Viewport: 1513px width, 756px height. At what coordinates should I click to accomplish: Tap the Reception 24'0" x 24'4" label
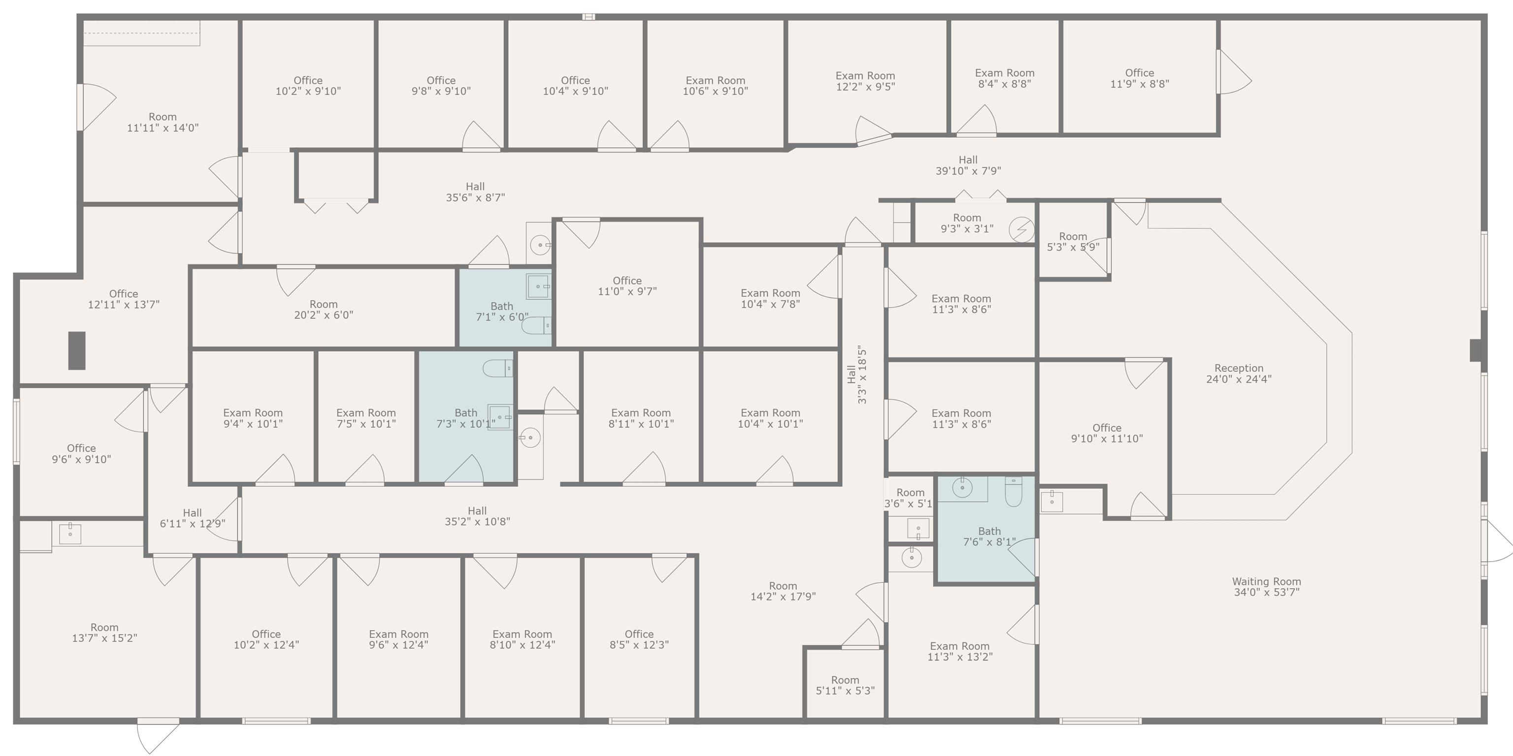[1239, 373]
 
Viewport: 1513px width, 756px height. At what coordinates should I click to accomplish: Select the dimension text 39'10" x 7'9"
[968, 171]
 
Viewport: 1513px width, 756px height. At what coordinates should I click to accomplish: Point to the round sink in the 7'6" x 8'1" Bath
[962, 488]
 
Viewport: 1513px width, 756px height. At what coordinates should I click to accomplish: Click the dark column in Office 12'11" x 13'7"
[77, 350]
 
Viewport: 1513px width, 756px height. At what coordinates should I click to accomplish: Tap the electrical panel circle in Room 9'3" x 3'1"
[1021, 229]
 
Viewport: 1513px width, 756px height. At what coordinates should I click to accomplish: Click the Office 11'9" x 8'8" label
[1140, 78]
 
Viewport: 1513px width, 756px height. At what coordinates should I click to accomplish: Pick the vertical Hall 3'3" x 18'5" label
[857, 374]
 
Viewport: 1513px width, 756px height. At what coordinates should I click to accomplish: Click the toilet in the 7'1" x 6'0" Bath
[536, 324]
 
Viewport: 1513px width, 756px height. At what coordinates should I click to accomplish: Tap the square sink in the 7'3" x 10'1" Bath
[500, 417]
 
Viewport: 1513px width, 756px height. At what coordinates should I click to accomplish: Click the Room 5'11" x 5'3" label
[845, 685]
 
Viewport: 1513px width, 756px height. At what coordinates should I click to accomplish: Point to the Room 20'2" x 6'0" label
[324, 309]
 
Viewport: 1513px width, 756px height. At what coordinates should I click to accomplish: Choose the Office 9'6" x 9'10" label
[81, 454]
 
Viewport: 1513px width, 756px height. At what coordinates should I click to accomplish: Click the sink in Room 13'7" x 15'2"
[70, 534]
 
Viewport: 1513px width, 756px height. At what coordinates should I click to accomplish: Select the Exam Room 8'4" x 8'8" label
[1005, 78]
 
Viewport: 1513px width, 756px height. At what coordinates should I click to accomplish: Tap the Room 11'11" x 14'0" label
[163, 122]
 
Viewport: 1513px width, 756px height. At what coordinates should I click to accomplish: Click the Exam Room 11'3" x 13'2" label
[960, 652]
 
